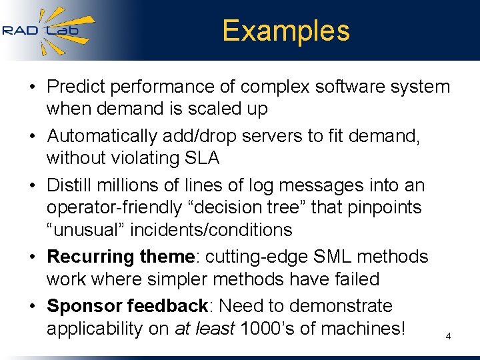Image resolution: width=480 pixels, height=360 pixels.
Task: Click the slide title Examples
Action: [x=285, y=31]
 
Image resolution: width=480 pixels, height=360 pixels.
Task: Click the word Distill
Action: [x=69, y=184]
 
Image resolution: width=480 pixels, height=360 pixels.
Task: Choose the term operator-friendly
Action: [x=113, y=207]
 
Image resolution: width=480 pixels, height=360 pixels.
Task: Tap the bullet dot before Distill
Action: [x=33, y=185]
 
